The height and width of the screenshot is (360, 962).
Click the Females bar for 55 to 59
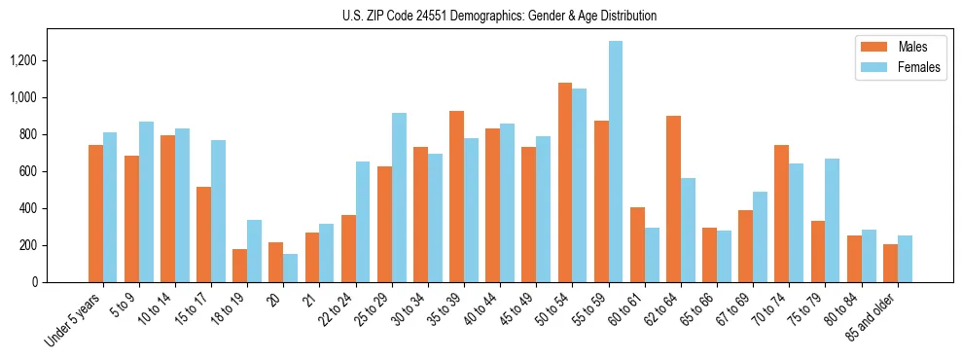[616, 162]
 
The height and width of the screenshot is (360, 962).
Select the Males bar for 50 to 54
[565, 182]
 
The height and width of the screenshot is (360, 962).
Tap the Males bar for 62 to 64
[673, 198]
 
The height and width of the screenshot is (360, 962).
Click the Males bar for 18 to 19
[240, 266]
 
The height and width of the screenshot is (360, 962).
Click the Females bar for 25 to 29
[399, 198]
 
